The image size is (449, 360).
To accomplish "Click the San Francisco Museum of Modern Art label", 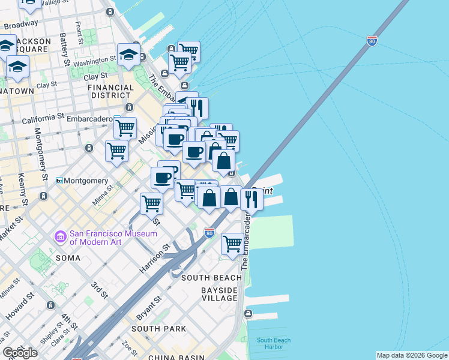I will [106, 238].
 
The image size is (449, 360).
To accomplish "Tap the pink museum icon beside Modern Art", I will [60, 238].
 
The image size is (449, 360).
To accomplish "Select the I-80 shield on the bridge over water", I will [372, 41].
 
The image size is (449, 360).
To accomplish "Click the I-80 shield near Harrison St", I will [209, 232].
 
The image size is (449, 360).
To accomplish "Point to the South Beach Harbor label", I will [274, 344].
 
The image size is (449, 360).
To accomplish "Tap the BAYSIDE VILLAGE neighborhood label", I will [219, 294].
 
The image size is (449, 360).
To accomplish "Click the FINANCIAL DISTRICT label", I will [110, 91].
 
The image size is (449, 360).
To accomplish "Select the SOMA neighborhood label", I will [67, 258].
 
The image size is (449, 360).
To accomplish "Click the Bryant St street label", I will [150, 307].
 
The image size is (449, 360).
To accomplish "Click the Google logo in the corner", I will [19, 353].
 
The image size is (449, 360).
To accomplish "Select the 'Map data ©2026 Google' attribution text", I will [412, 355].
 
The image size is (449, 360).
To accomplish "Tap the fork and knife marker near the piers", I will [252, 199].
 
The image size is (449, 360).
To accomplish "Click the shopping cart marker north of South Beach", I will [232, 244].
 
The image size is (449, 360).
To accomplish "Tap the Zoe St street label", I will [127, 349].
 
